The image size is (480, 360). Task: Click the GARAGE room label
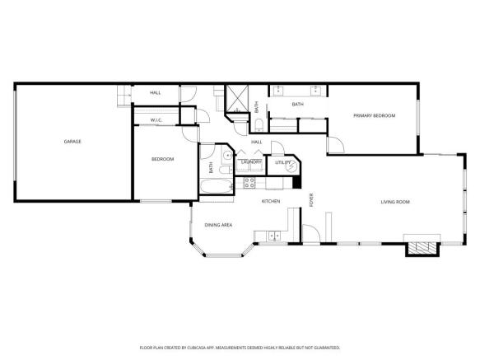pos(72,142)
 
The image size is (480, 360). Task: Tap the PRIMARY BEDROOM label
pos(374,115)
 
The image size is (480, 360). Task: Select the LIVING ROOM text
pos(395,202)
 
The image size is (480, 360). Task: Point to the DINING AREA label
pos(218,225)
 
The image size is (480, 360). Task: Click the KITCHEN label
pos(271,201)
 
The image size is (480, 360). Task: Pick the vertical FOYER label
pos(311,199)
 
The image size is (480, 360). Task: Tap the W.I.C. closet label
pos(156,120)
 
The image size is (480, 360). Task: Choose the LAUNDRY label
pos(251,161)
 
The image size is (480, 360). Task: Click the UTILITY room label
pos(282,162)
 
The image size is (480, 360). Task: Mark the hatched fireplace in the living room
pos(422,248)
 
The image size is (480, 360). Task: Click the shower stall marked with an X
pos(236,99)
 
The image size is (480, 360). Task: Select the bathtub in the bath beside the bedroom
pos(216,186)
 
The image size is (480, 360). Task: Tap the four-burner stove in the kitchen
pos(249,183)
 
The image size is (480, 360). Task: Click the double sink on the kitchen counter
pos(274,236)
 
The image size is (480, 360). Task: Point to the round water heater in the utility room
pos(291,166)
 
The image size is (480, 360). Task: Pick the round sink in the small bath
pos(227,156)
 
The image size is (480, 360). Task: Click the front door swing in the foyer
pos(311,233)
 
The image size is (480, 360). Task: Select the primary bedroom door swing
pos(336,145)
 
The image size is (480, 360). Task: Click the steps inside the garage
pos(124,96)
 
